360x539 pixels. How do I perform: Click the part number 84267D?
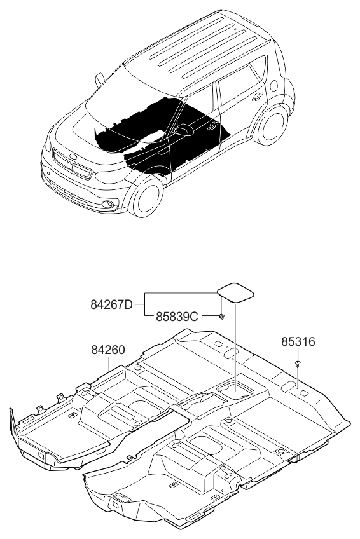point(112,304)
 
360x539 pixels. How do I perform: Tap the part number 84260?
point(107,350)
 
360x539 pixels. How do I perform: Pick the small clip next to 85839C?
point(221,317)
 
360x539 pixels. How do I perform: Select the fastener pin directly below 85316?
point(298,363)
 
